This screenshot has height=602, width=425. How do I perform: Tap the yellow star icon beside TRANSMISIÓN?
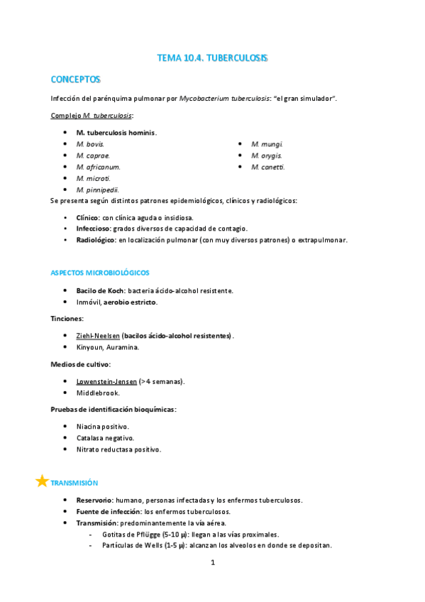(x=42, y=481)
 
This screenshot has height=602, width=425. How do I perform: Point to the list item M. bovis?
(x=90, y=144)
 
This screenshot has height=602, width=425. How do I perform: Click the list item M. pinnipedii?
(x=98, y=190)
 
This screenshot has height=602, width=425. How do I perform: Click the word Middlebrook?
(x=98, y=393)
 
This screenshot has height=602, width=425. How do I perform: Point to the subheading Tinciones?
(x=67, y=318)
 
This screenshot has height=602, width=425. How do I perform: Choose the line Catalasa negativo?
(x=105, y=438)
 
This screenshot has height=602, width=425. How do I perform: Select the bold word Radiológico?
(x=95, y=240)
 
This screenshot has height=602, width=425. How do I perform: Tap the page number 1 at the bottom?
(x=212, y=563)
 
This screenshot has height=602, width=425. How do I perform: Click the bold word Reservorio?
(x=94, y=500)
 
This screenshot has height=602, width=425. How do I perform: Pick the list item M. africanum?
(x=98, y=167)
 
